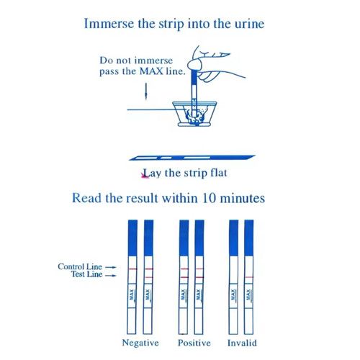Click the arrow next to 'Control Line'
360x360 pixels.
tap(110, 267)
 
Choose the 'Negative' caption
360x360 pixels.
tap(140, 342)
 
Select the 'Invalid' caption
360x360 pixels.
tap(241, 342)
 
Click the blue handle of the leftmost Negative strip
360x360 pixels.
tap(131, 238)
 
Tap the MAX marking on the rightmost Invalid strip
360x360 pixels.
tap(249, 294)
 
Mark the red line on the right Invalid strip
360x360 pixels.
tap(249, 275)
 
